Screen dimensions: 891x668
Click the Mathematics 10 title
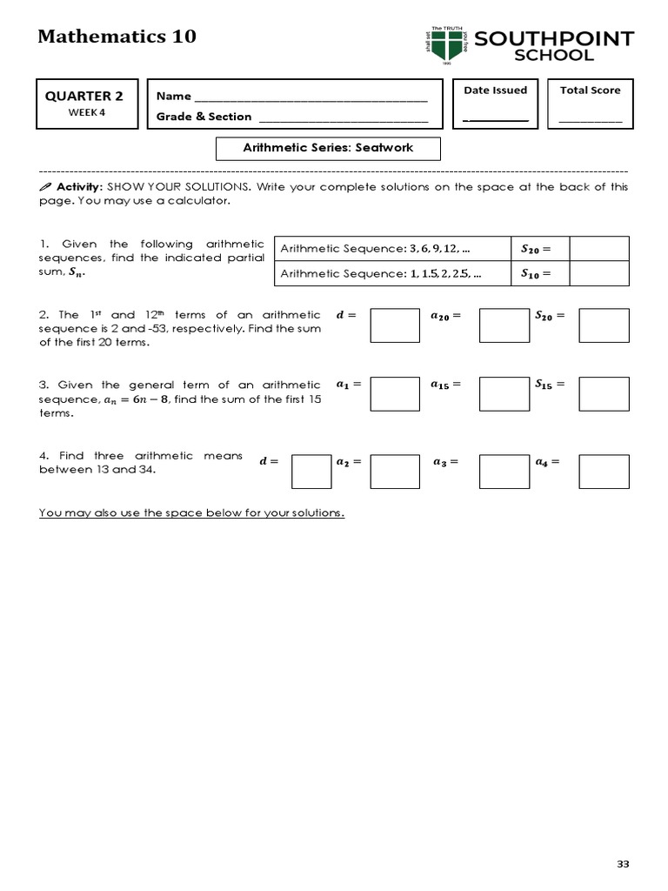(x=117, y=36)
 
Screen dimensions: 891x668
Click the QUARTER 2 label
(x=84, y=96)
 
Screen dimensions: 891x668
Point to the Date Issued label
(x=495, y=90)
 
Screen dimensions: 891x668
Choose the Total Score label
(x=590, y=90)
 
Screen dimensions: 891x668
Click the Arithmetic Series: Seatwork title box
(x=328, y=148)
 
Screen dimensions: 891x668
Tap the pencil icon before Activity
(x=45, y=187)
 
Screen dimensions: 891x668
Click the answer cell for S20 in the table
(x=599, y=249)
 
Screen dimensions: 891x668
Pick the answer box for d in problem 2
(x=395, y=325)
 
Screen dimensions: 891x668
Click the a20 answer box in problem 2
(x=504, y=325)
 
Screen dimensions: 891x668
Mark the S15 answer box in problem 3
(x=604, y=393)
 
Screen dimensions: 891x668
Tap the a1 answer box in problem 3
(x=395, y=393)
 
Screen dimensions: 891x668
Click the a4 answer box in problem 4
(x=604, y=472)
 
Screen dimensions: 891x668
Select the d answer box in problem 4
(x=311, y=472)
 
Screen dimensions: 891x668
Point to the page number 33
(x=622, y=863)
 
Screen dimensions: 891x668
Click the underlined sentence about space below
(x=191, y=512)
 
